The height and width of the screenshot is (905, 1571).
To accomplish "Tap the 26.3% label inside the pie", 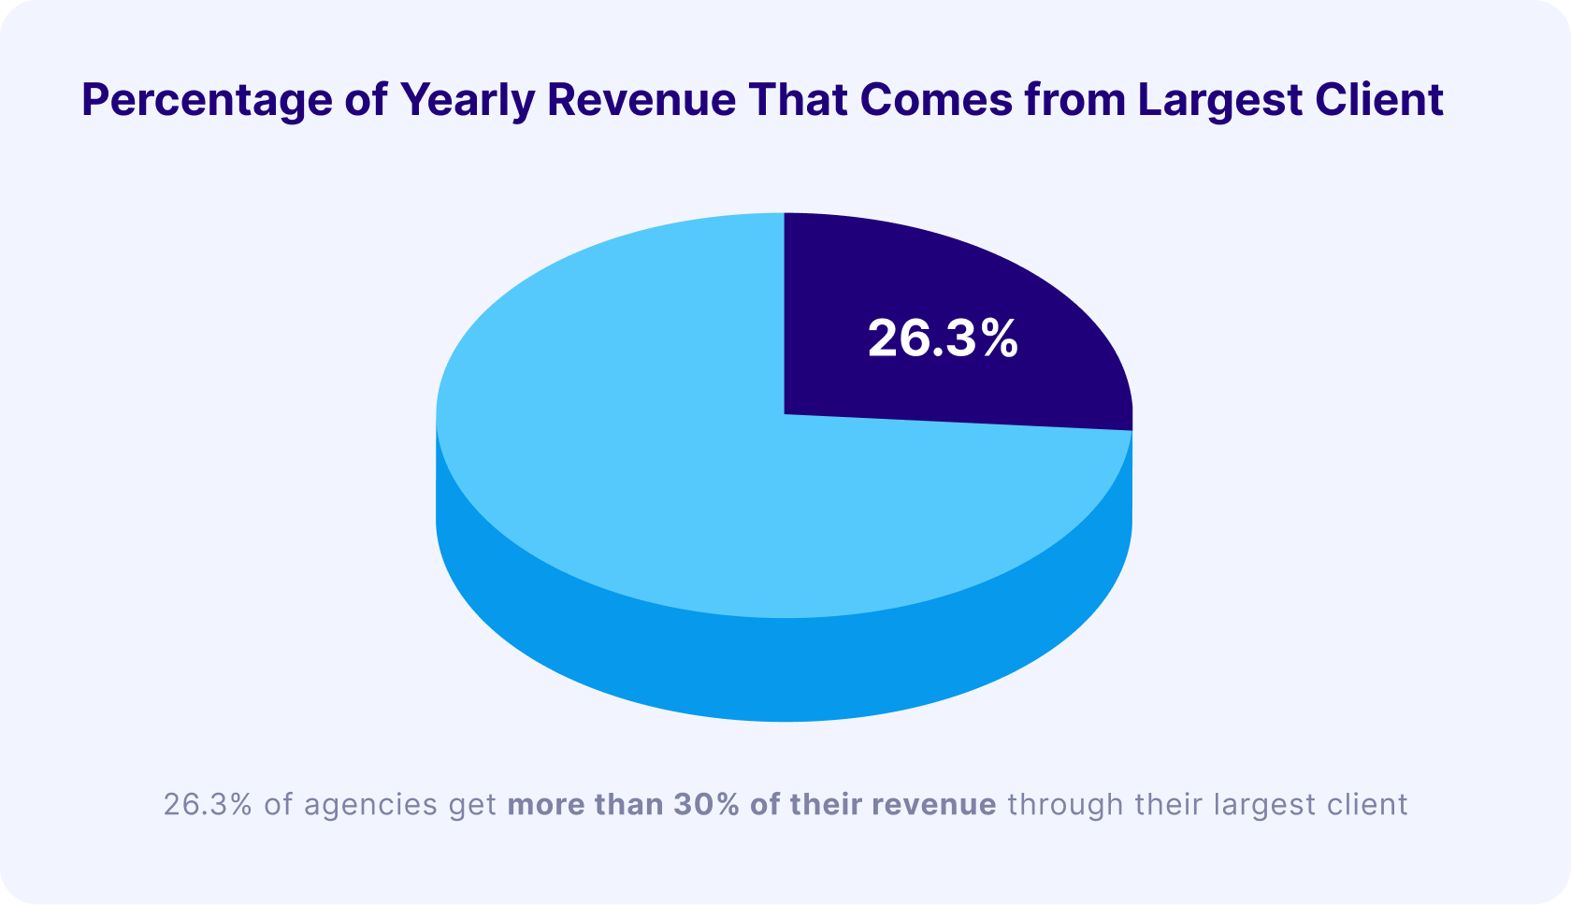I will coord(942,338).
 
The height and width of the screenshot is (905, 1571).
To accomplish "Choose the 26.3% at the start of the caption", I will coord(208,804).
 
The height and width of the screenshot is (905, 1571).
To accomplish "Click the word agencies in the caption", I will coord(370,804).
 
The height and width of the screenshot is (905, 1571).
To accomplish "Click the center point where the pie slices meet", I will coord(784,414).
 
